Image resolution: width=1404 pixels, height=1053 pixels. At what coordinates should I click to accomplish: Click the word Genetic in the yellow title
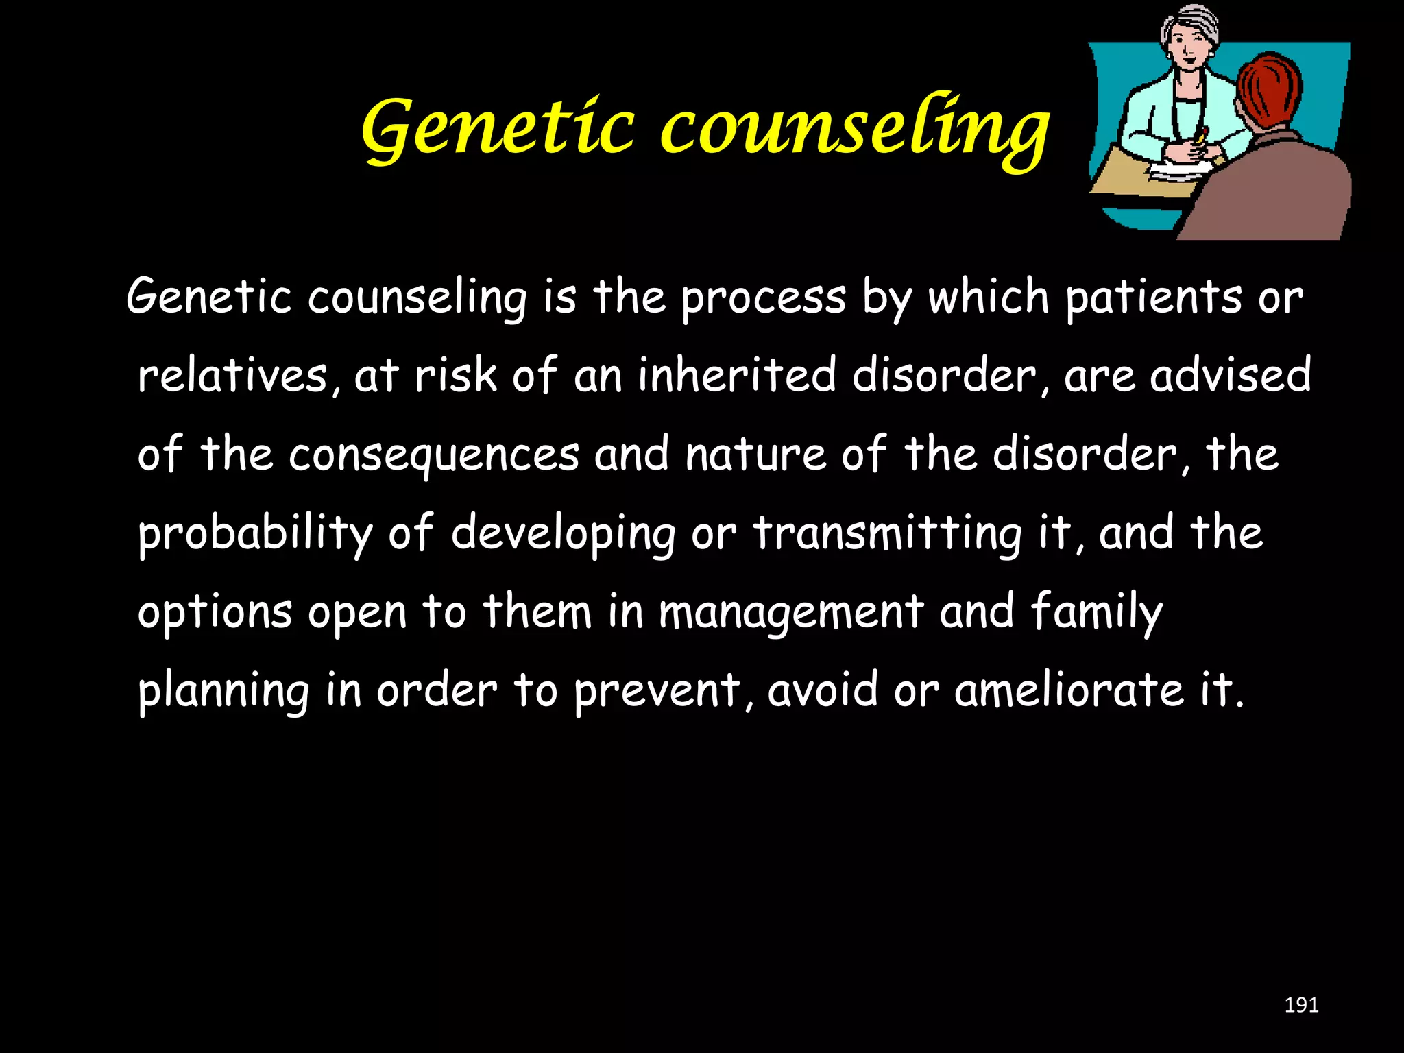tap(498, 129)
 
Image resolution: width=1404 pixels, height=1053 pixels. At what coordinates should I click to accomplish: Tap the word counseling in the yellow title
tap(854, 129)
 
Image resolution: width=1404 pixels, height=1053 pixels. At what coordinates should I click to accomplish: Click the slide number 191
tap(1300, 1005)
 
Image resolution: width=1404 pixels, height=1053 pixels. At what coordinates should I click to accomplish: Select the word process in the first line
tap(763, 299)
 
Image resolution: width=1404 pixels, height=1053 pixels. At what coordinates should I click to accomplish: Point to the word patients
tap(1154, 299)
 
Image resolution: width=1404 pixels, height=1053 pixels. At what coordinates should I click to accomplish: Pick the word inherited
tap(737, 376)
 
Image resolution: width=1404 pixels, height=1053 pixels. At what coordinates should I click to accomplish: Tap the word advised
tap(1231, 376)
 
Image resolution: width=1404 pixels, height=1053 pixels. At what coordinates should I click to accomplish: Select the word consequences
tap(434, 455)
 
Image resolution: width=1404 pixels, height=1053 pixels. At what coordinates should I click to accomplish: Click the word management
tap(790, 612)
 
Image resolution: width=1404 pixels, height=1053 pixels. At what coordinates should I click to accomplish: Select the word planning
tap(223, 691)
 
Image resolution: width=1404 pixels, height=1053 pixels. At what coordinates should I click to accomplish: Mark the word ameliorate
tap(1069, 691)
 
